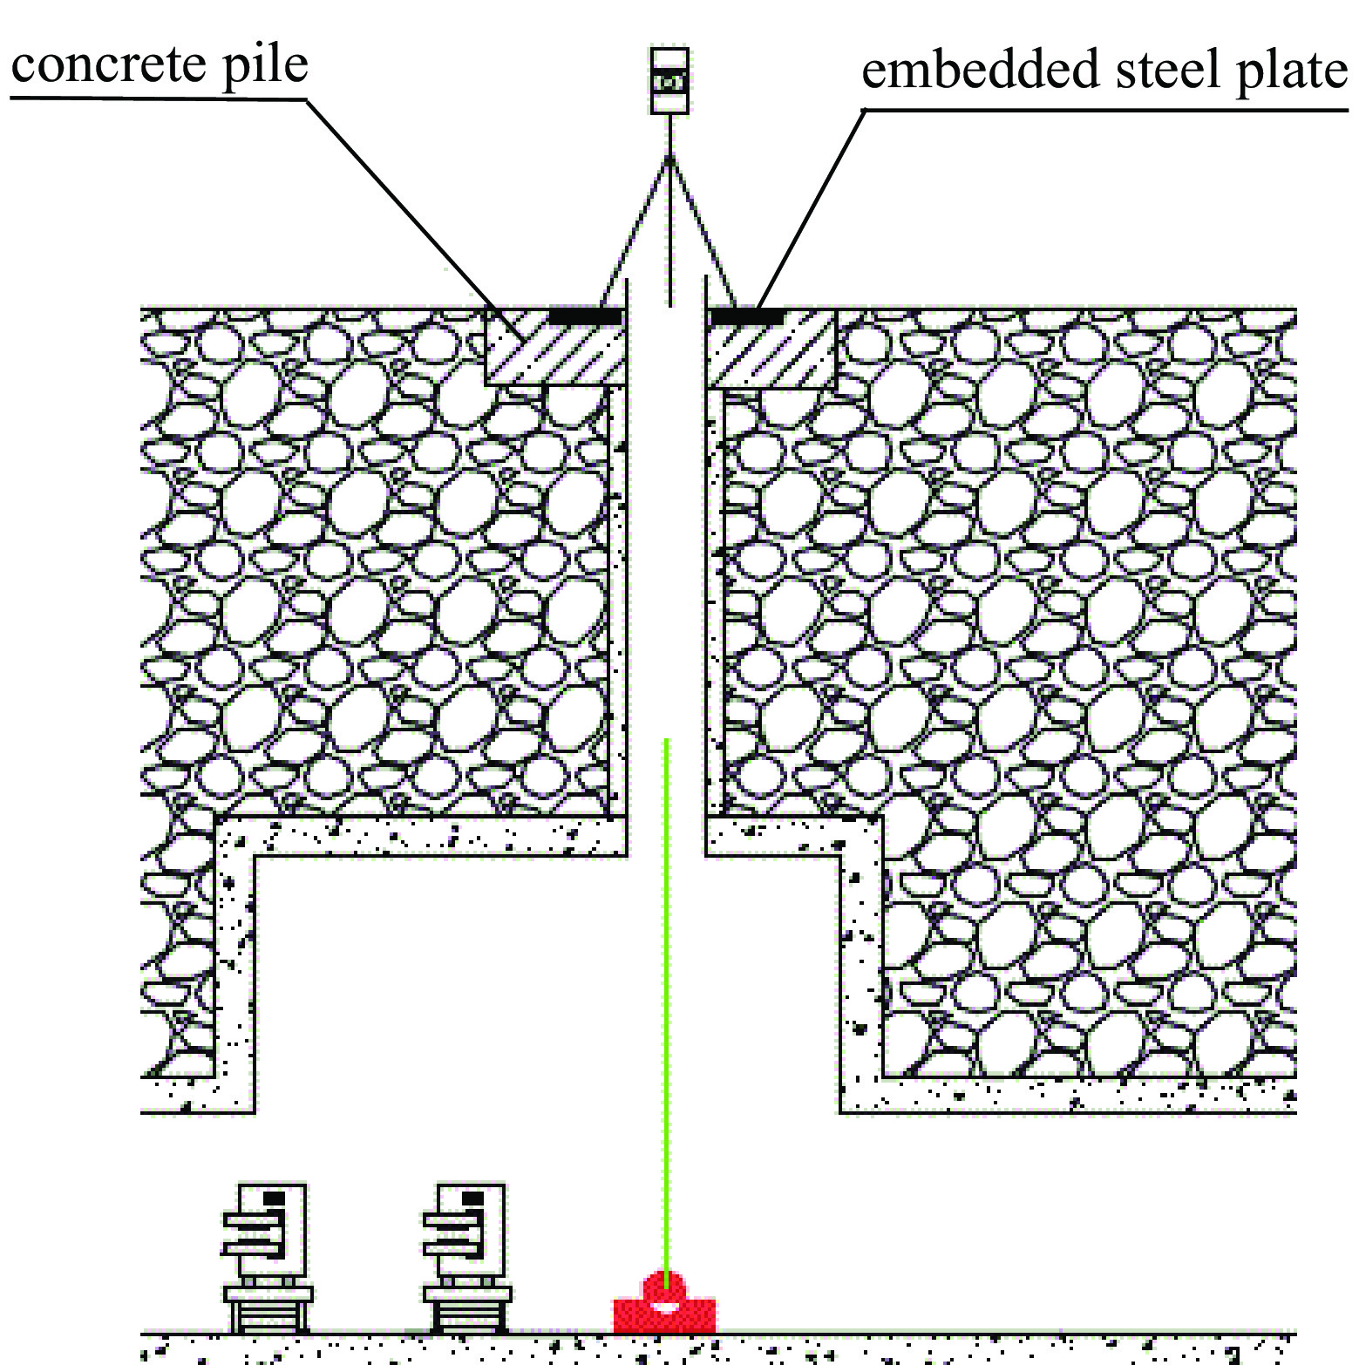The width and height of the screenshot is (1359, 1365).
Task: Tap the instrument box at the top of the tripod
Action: point(669,81)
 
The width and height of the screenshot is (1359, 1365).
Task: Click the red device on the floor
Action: point(664,1307)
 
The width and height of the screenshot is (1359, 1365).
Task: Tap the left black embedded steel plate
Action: point(586,316)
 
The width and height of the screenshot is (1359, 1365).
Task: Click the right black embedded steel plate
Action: point(746,316)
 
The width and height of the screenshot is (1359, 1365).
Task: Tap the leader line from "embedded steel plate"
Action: point(811,209)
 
